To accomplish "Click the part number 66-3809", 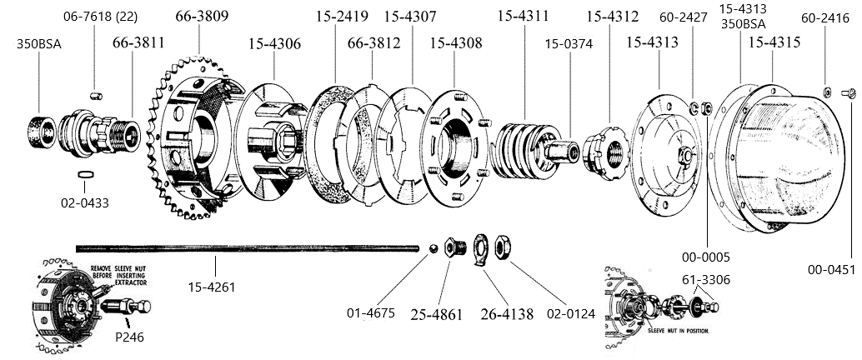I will coord(203,16).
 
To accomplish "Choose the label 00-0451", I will coord(833,269).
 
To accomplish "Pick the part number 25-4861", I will coord(437,315).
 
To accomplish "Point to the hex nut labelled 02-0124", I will coord(504,246).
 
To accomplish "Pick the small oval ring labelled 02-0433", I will coord(84,175).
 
